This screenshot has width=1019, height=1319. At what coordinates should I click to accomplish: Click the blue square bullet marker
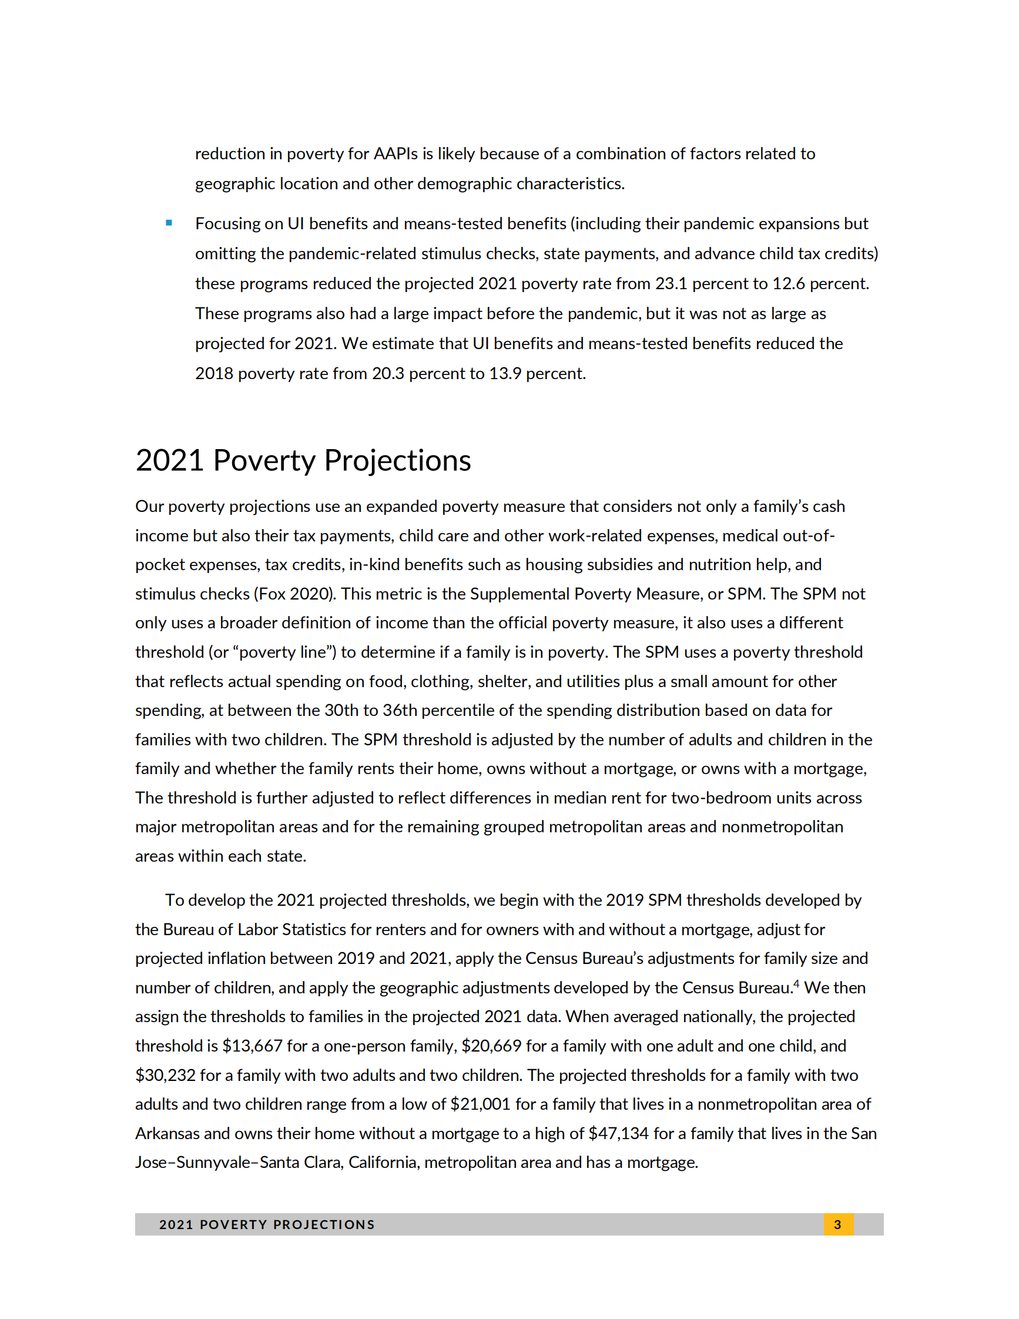169,223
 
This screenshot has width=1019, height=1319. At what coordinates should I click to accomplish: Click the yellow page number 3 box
838,1224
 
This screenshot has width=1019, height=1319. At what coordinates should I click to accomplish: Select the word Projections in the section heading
397,460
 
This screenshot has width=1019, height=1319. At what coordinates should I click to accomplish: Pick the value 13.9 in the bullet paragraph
505,373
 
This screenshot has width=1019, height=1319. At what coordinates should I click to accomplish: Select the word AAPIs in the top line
395,153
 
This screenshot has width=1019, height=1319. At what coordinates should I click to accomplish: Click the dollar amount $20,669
491,1046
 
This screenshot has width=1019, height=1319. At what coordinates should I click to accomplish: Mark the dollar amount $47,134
618,1133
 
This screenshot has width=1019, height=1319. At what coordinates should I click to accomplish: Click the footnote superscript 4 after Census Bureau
796,984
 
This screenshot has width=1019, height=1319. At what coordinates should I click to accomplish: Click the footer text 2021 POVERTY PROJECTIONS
267,1224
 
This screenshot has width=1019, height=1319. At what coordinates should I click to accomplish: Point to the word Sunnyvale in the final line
214,1162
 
